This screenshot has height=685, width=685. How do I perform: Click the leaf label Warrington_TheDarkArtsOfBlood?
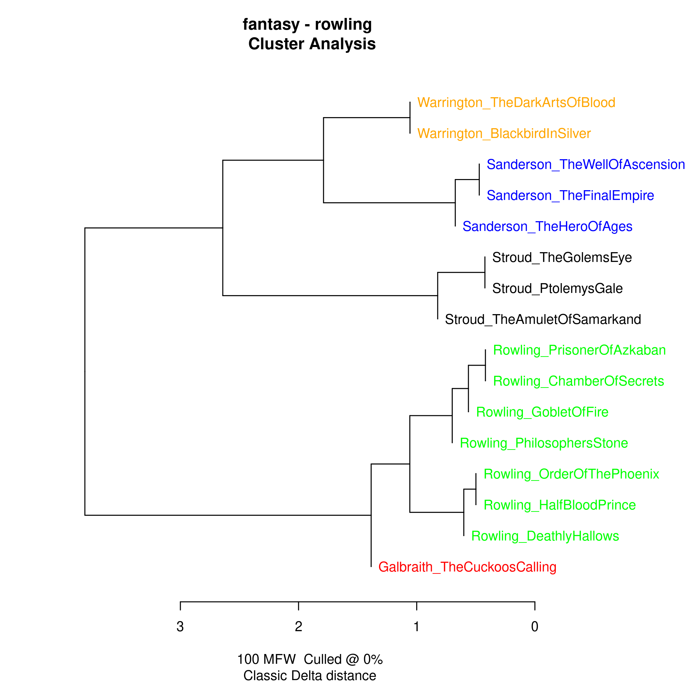[516, 102]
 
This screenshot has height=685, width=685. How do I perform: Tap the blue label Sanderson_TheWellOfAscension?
[585, 164]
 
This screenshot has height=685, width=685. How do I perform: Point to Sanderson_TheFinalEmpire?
[570, 196]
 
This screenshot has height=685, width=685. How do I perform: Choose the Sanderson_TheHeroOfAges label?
[547, 227]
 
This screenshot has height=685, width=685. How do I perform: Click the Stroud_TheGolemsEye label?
[562, 257]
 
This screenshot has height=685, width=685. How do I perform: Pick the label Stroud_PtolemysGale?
[557, 289]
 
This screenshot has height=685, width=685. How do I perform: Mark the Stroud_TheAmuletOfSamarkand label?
[543, 319]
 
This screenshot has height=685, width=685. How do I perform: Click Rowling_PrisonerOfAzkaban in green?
[579, 350]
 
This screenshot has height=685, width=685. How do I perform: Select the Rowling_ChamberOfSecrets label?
[578, 381]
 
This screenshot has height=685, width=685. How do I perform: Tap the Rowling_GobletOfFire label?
[542, 412]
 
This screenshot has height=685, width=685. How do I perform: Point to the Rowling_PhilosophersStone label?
[544, 443]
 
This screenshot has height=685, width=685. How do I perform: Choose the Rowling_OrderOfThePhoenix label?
[571, 474]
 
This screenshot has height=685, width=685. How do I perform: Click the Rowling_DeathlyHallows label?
[545, 536]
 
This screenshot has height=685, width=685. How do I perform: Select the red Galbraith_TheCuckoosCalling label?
[467, 567]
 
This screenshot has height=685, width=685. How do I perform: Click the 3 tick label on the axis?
[180, 627]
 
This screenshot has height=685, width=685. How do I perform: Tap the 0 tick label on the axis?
[535, 627]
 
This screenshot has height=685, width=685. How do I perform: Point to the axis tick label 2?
[298, 627]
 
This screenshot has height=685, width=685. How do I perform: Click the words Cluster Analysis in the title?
[312, 44]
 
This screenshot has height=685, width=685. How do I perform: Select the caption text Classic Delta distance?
[310, 676]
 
